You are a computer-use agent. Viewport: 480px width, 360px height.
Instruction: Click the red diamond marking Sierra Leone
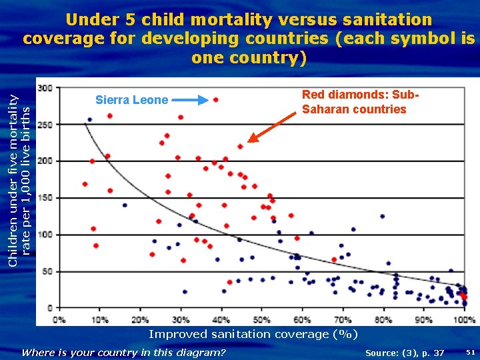point(215,100)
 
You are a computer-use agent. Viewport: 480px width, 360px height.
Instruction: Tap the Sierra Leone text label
point(131,100)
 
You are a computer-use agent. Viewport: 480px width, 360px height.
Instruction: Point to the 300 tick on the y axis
point(45,88)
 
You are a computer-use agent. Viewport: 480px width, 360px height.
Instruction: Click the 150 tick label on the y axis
point(45,198)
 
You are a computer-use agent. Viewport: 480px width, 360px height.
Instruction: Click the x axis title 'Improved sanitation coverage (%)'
point(253,334)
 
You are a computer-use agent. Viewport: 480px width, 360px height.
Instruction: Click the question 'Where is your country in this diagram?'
point(124,352)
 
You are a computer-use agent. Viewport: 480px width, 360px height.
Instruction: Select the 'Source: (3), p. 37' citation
point(405,352)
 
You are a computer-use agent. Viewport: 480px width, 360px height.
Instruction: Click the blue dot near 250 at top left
point(90,120)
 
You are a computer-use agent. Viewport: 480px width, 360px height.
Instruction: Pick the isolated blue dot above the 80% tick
point(382,216)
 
